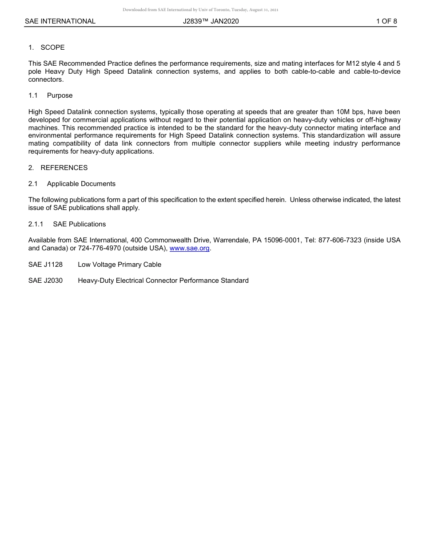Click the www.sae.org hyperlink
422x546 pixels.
coord(190,249)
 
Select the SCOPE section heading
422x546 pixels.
coord(52,47)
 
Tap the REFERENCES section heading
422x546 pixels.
coord(64,168)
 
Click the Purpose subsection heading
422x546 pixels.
coord(60,95)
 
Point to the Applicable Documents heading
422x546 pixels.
coord(81,184)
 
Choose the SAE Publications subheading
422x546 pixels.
coord(79,224)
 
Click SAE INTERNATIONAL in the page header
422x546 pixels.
coord(60,21)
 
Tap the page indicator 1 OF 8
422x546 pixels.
coord(386,21)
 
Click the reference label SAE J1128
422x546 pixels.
coord(45,265)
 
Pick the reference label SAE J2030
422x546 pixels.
coord(45,281)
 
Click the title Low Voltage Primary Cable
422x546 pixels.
coord(119,265)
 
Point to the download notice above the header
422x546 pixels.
coord(200,10)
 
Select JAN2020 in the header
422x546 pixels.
coord(225,21)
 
